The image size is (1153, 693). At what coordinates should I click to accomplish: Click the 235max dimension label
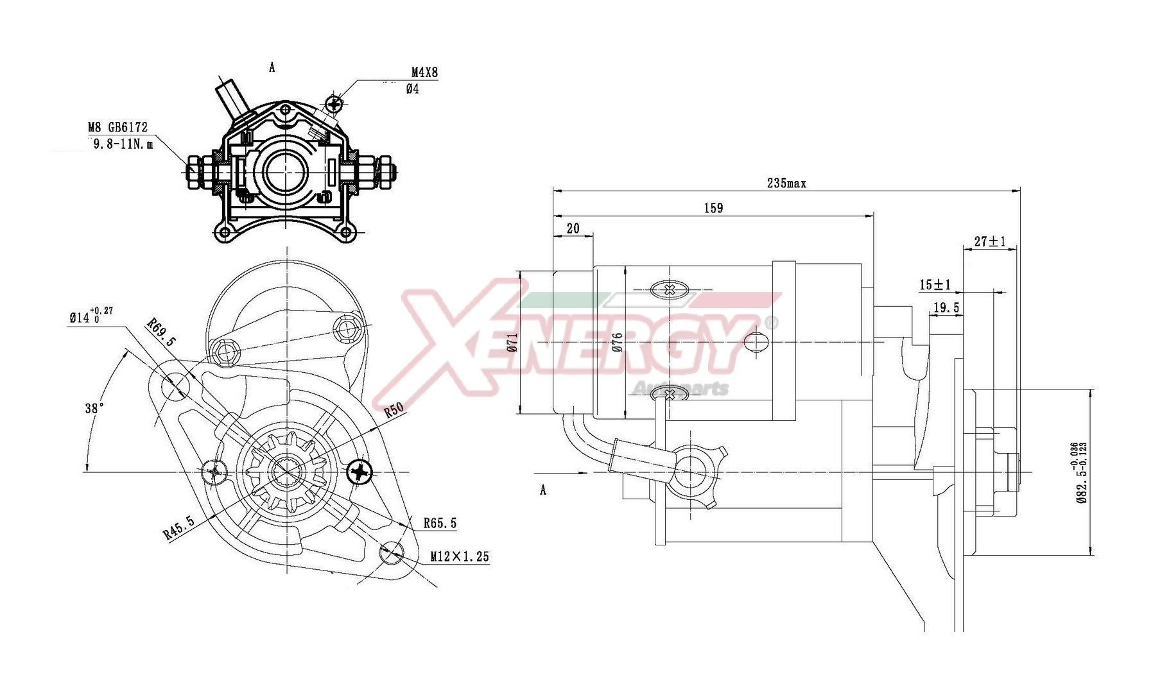786,184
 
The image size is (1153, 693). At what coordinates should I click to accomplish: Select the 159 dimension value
713,208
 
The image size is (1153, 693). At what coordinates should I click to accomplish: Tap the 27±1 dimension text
989,242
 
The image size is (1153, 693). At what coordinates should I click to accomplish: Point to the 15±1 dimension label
935,285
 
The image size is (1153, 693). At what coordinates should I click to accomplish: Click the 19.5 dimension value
946,309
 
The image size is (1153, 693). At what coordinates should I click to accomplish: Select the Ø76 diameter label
618,343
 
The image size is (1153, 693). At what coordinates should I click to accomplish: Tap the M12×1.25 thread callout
459,556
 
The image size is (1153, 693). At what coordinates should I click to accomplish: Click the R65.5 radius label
440,524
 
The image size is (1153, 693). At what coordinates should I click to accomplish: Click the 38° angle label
94,408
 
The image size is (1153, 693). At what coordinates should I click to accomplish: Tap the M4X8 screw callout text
424,73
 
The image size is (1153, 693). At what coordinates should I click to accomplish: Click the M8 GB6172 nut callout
117,128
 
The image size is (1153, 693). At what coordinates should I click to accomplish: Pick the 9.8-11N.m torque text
123,144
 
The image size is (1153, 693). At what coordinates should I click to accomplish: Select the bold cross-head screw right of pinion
360,473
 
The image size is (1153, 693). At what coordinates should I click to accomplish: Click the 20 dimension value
573,228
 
